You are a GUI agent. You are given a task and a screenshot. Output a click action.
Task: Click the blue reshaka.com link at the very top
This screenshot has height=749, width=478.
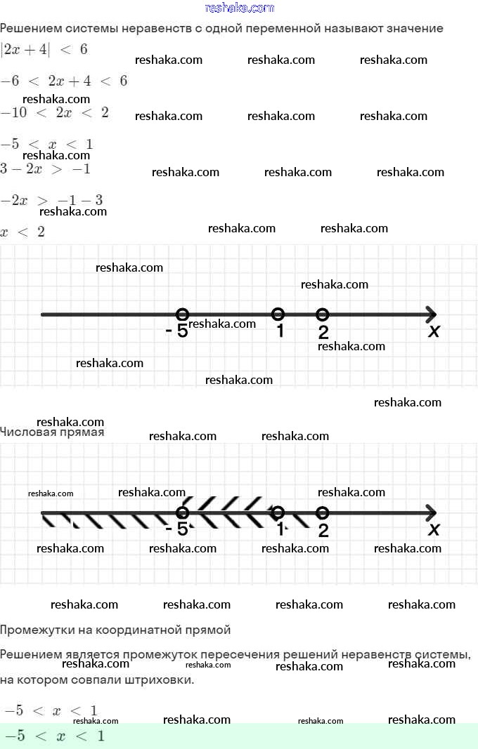pos(239,8)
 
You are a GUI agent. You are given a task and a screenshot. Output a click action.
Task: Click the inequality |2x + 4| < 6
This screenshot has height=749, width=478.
pos(44,50)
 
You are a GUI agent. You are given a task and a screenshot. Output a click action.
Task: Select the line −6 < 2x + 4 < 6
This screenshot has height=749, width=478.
pos(64,81)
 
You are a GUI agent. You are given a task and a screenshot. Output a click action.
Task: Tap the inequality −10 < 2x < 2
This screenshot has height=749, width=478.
pos(54,112)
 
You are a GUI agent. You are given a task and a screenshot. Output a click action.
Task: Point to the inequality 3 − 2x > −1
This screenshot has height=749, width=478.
pos(46,169)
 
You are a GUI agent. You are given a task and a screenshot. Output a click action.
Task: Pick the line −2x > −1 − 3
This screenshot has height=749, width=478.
pos(52,201)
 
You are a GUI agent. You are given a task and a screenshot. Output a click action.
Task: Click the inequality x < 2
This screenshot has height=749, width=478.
pos(22,232)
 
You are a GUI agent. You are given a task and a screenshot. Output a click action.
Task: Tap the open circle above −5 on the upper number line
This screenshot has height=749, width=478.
pos(182,314)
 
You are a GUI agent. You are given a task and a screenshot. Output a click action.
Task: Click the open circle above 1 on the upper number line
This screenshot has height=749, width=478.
pos(278,314)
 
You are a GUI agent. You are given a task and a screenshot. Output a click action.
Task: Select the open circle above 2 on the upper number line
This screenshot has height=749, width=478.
pos(322,314)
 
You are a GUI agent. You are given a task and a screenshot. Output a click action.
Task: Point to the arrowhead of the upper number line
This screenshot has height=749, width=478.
pos(430,314)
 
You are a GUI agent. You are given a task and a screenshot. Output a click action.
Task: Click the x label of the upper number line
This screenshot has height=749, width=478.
pos(434,331)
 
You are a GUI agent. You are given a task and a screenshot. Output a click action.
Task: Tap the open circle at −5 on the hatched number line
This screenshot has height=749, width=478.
pos(182,513)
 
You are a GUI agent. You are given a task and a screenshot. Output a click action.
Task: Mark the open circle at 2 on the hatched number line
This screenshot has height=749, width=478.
pos(322,513)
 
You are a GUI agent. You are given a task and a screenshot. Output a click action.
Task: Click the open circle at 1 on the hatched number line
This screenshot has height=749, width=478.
pos(278,513)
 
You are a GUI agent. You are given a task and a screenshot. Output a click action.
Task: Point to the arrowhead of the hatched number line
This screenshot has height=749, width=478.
pos(430,513)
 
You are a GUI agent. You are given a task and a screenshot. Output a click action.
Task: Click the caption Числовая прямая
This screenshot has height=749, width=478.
pos(52,432)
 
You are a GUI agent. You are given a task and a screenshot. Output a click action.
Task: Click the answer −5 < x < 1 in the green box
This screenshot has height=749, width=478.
pos(54,736)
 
